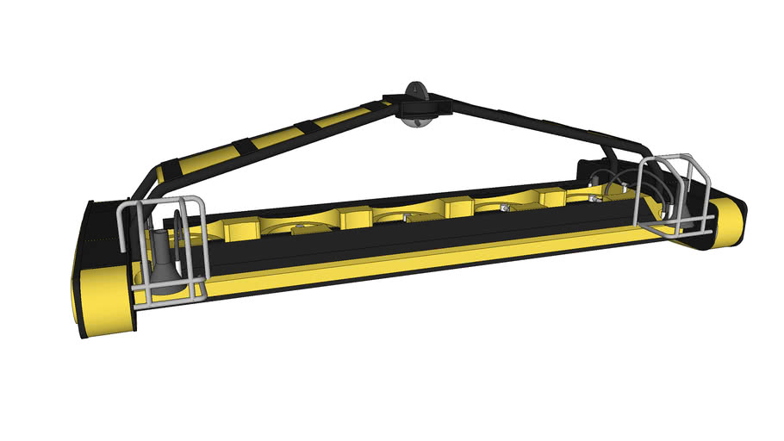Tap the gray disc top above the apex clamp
pyautogui.click(x=415, y=90)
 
